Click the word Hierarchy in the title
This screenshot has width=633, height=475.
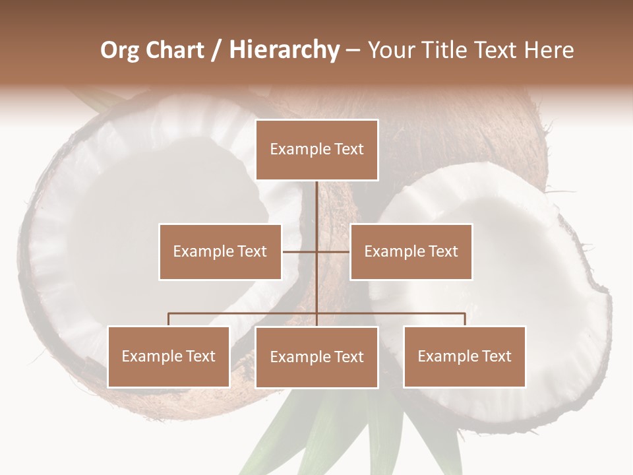click(284, 50)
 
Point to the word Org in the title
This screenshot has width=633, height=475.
click(119, 50)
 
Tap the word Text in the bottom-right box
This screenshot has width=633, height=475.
click(495, 356)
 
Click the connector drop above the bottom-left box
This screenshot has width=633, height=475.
click(168, 319)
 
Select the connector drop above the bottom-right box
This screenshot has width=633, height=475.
click(465, 319)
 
